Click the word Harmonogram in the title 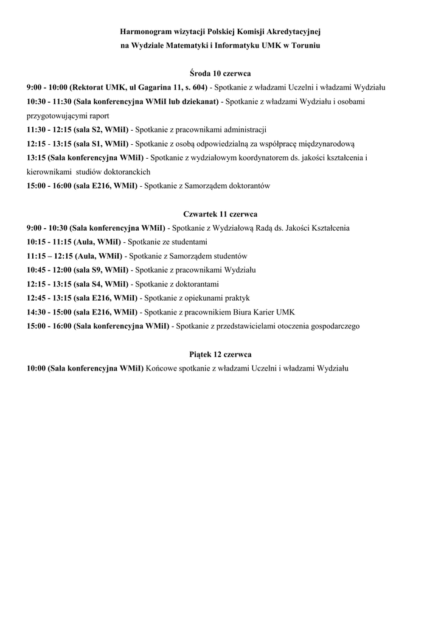(142, 30)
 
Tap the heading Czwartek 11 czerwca (220, 214)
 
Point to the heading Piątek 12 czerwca (220, 354)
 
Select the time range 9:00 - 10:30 (46, 228)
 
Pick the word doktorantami (195, 284)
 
